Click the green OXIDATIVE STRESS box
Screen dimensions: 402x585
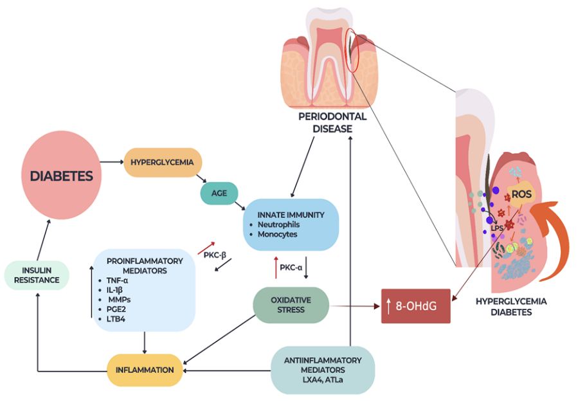[291, 305]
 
